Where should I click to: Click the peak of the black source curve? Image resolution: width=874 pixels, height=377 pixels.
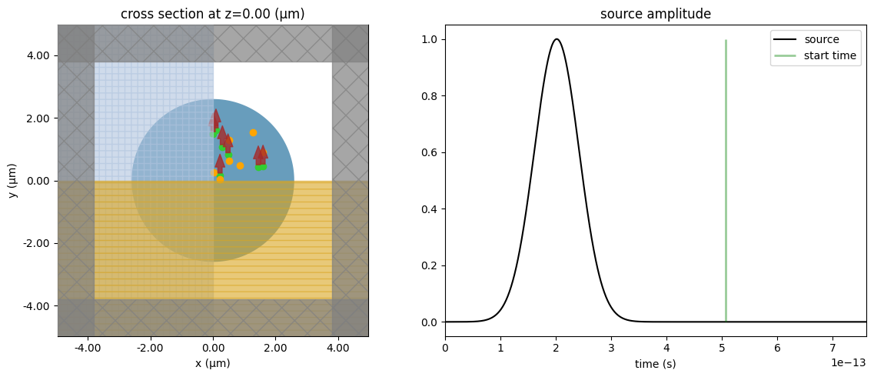tap(556, 39)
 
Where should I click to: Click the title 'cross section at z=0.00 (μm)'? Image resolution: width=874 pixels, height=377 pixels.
tap(213, 14)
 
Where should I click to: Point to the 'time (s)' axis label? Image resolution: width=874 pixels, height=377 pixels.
tap(655, 363)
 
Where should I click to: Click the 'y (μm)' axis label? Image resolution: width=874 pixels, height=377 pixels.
tap(14, 181)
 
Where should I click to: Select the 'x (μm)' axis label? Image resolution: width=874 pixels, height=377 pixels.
tap(213, 363)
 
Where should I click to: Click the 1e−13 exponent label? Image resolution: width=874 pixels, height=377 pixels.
tap(850, 362)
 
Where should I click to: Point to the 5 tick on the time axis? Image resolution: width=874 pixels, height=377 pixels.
tap(722, 348)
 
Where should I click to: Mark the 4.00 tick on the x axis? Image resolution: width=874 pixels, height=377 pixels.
tap(338, 348)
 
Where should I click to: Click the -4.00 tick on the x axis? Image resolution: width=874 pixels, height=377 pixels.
tap(88, 348)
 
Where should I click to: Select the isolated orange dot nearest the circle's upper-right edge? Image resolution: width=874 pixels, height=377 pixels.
tap(253, 132)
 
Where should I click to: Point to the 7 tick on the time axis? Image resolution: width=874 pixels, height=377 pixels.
tap(832, 348)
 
